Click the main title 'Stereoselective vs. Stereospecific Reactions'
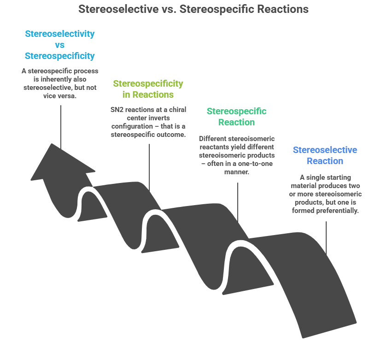193,9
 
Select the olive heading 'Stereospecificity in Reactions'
148,89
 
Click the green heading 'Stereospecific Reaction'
236,117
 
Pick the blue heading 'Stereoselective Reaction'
325,155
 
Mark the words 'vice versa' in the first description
60,95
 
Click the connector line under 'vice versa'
60,124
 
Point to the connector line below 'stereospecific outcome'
149,166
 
